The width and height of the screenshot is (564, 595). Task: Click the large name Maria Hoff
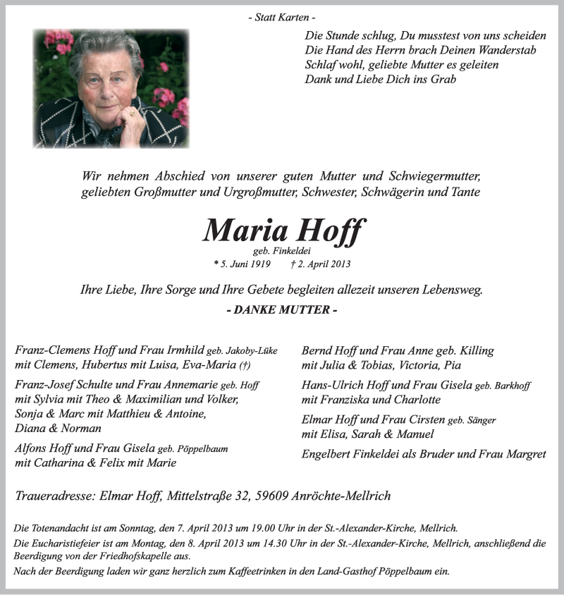284,231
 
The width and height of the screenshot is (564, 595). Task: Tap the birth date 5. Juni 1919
243,264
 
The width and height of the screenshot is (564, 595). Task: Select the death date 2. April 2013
320,264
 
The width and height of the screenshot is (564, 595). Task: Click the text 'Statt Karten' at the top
282,17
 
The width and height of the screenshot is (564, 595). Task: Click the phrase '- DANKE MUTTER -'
282,310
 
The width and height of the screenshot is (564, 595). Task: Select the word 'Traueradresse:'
52,496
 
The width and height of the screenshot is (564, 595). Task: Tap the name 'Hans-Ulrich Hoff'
345,386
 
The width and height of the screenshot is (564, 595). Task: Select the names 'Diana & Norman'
58,428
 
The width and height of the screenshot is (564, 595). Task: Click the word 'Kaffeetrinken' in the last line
247,571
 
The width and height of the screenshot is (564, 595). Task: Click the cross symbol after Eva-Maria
245,365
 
